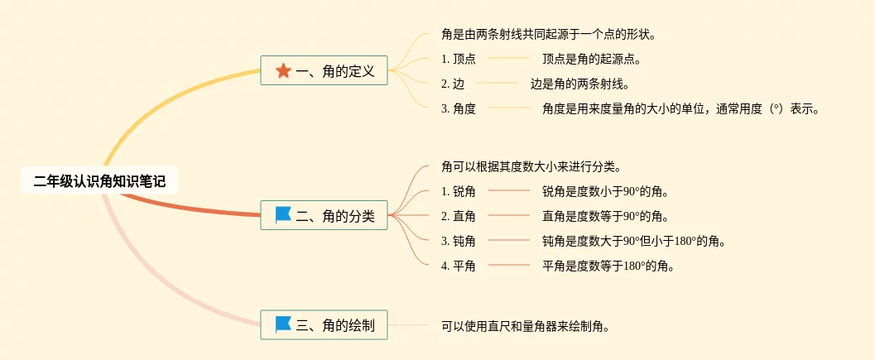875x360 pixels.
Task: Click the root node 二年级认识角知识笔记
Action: click(x=99, y=181)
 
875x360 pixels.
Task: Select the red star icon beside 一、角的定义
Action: click(x=283, y=71)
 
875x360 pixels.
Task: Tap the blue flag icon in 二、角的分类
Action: click(x=283, y=215)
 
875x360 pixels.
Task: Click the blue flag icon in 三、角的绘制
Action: click(x=283, y=324)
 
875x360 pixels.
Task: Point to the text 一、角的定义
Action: click(x=335, y=71)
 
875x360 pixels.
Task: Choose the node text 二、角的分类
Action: click(x=335, y=216)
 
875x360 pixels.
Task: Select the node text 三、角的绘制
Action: click(x=335, y=325)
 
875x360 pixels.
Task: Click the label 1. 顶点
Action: click(x=459, y=59)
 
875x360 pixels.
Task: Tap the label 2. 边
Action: click(x=453, y=84)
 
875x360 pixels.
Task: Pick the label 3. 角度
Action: click(x=459, y=108)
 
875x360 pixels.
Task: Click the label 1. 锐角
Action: click(x=459, y=191)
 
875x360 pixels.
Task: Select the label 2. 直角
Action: click(x=459, y=216)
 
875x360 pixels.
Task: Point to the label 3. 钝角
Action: click(x=459, y=241)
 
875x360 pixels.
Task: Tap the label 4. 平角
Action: click(x=459, y=266)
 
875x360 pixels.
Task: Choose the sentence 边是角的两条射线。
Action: click(x=579, y=84)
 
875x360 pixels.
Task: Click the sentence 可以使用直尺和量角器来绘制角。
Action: click(x=526, y=325)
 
